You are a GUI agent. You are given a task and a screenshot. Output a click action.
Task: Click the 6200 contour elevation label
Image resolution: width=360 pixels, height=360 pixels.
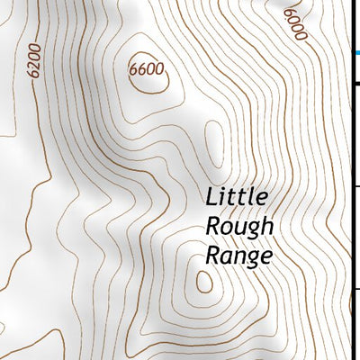35,61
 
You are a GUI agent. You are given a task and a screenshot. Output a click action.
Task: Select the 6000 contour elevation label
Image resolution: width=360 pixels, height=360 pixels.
295,24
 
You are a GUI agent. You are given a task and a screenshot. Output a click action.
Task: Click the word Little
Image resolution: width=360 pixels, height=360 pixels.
238,196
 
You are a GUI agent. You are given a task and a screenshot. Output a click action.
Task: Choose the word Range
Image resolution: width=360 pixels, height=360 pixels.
238,256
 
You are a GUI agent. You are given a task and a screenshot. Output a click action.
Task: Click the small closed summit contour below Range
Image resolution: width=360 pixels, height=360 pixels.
204,282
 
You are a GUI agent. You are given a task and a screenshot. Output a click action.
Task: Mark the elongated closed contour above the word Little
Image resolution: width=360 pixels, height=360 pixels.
212,144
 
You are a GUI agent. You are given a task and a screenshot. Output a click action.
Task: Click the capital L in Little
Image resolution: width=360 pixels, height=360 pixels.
212,196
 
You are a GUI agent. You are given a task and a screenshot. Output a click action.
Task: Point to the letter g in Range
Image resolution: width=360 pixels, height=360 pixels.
252,260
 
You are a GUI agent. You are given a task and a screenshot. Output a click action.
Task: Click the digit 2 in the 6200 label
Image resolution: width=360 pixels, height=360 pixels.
34,66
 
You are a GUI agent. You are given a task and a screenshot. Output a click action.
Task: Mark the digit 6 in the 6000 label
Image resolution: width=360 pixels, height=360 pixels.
288,14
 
